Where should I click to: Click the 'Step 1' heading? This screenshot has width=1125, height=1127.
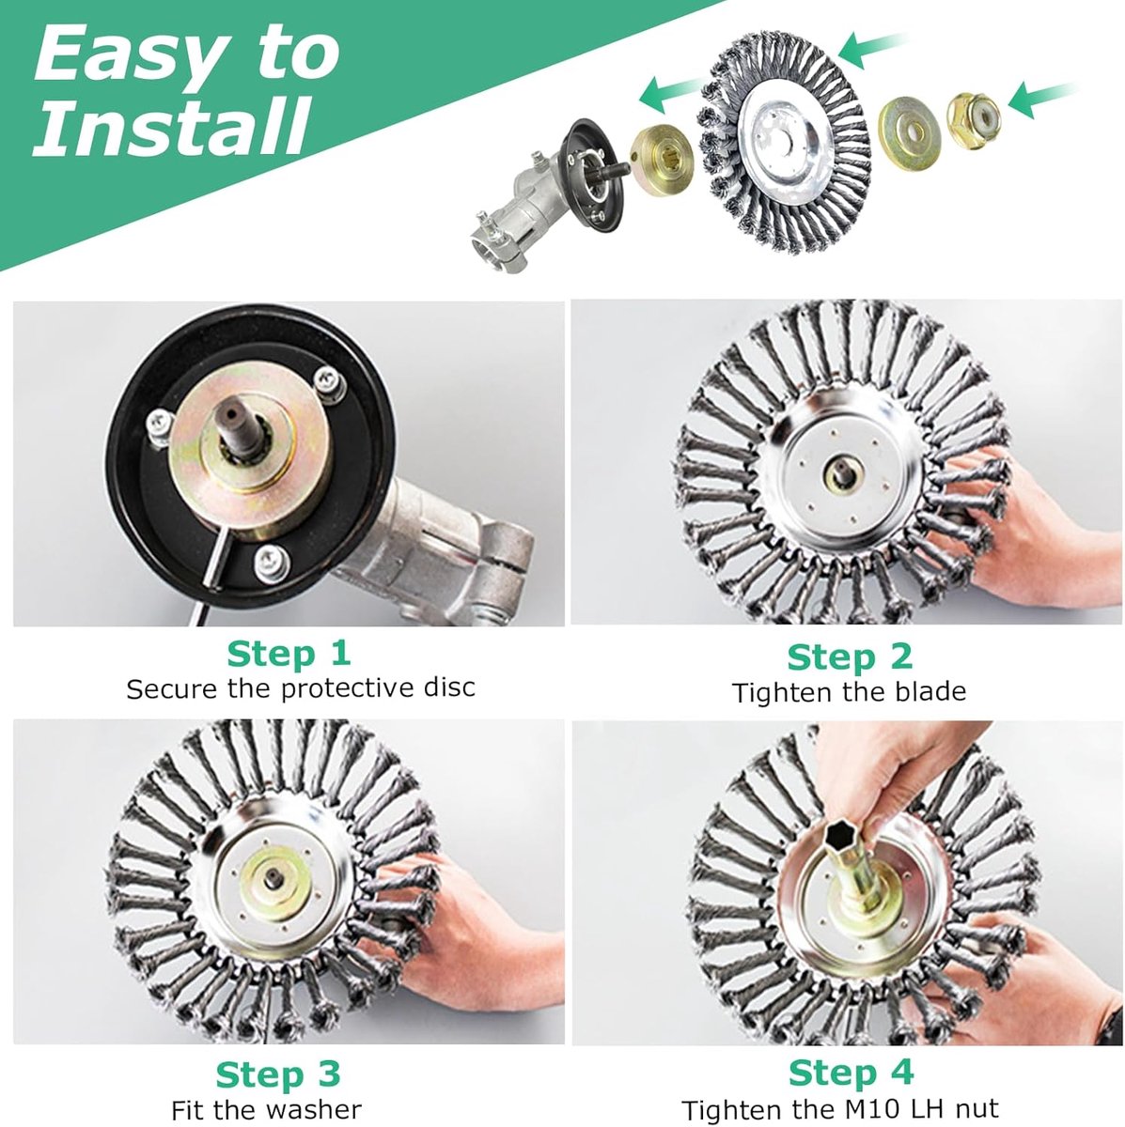(x=289, y=654)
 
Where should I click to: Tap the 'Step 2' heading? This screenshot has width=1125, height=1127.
(x=850, y=656)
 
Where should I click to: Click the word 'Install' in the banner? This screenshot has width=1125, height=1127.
(x=171, y=128)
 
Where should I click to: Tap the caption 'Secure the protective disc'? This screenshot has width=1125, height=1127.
(x=301, y=688)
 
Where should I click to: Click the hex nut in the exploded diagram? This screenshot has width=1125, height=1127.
(x=974, y=121)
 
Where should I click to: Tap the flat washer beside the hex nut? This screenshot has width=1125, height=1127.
(x=909, y=127)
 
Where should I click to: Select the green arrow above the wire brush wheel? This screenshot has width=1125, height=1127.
(x=872, y=48)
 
